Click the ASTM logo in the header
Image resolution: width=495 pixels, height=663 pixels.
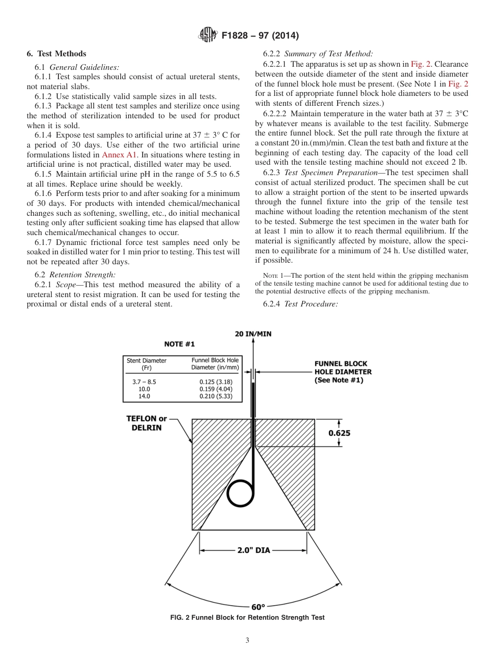click(208, 35)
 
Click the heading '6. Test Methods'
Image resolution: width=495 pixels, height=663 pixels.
click(56, 54)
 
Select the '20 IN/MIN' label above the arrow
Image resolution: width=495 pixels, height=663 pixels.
click(253, 334)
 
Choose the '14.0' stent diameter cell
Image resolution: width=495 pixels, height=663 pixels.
click(144, 396)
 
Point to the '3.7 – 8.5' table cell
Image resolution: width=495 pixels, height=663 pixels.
click(144, 382)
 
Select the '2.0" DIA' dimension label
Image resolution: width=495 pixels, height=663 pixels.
click(254, 550)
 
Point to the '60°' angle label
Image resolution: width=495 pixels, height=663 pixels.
click(258, 607)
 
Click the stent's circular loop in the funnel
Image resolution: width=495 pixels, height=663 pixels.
click(240, 492)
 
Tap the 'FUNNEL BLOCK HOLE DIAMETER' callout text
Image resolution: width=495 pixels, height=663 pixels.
click(343, 372)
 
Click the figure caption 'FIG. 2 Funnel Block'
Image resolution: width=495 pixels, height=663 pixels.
click(247, 618)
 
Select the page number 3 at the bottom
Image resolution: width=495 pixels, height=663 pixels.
click(247, 641)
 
